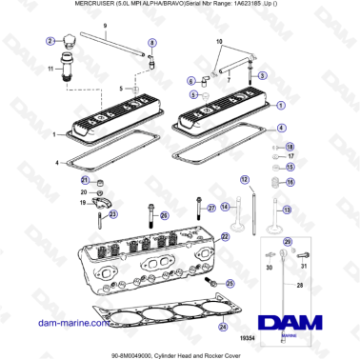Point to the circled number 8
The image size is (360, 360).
152,44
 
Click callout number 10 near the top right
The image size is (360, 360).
221,44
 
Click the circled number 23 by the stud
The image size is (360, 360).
115,214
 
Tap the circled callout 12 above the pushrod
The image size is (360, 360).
244,179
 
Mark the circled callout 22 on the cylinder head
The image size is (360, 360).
225,235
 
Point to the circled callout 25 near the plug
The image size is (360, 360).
163,216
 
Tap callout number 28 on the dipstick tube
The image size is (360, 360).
300,284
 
